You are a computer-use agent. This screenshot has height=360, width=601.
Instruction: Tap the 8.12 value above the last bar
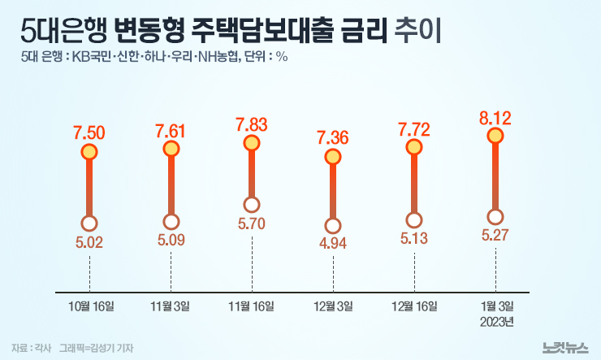pyautogui.click(x=495, y=119)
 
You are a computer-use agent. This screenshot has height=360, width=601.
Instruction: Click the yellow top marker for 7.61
pyautogui.click(x=171, y=149)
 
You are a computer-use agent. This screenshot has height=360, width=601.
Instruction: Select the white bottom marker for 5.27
pyautogui.click(x=495, y=216)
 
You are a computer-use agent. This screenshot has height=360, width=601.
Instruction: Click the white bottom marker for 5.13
pyautogui.click(x=414, y=219)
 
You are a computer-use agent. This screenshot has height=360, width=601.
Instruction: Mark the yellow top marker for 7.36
pyautogui.click(x=333, y=156)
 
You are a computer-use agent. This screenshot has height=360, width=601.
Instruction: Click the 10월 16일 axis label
pyautogui.click(x=89, y=306)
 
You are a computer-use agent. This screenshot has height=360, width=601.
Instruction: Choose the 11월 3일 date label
pyautogui.click(x=171, y=306)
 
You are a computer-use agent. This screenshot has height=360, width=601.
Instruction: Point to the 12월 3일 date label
pyautogui.click(x=333, y=306)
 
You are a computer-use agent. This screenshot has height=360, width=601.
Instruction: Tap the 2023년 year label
pyautogui.click(x=495, y=322)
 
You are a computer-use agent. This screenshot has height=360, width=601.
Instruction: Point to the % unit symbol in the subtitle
pyautogui.click(x=281, y=57)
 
